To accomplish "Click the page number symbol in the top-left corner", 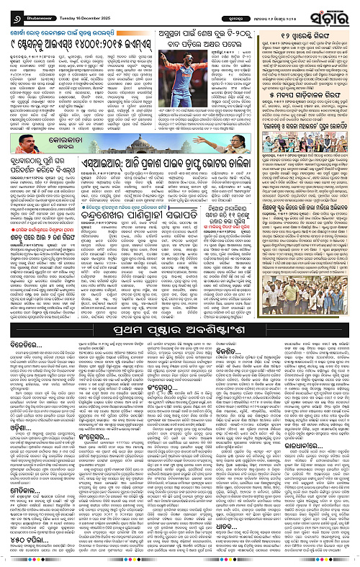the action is coord(9,12).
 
